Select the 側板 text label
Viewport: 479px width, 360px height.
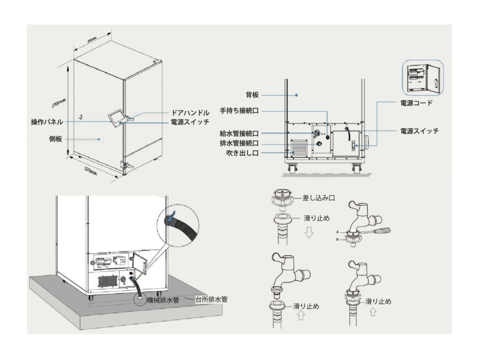[x=56, y=139]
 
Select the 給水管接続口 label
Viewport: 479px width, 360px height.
[x=239, y=133]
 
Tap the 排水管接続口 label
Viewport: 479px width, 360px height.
[x=239, y=143]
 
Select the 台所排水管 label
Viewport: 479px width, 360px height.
[x=211, y=299]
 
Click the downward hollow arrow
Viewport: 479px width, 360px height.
[x=308, y=233]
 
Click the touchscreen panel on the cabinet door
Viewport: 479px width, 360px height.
[x=117, y=117]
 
